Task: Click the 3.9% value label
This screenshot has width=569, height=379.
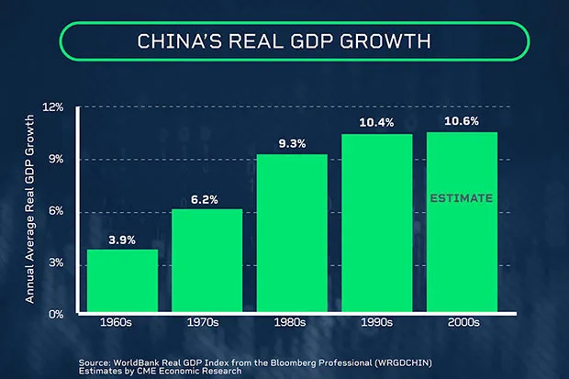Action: click(x=122, y=240)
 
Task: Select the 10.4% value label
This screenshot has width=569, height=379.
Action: click(x=377, y=124)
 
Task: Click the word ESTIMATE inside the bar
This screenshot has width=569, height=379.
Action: click(x=463, y=198)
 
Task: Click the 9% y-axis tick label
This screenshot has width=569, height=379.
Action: click(x=56, y=160)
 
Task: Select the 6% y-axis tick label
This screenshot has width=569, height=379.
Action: click(x=56, y=212)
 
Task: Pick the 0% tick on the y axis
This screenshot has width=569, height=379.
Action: click(x=56, y=314)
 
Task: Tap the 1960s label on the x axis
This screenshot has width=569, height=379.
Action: click(x=122, y=323)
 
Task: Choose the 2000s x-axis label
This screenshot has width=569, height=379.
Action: click(x=463, y=323)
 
